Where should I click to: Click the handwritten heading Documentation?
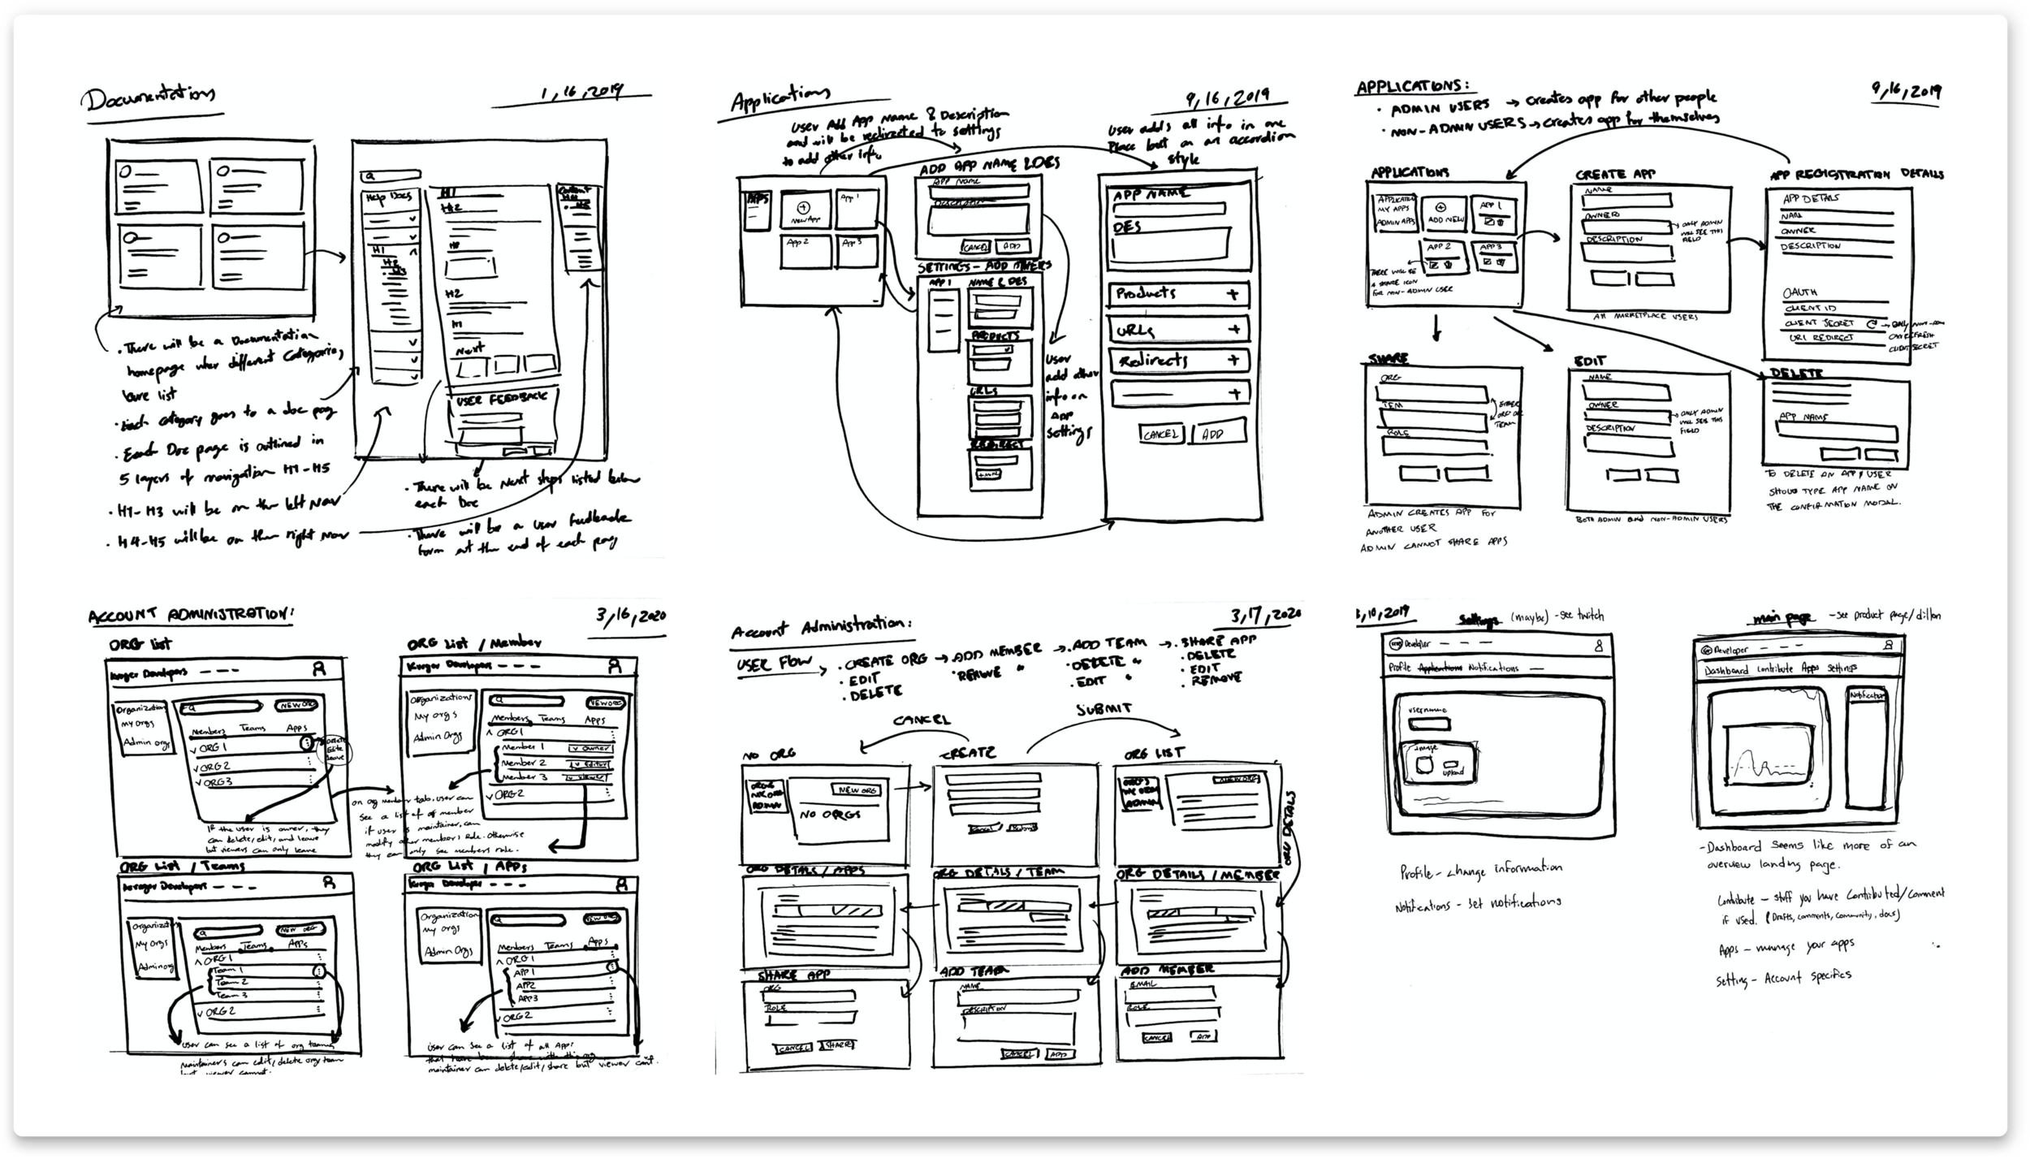[148, 98]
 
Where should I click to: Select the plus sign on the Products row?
[1233, 295]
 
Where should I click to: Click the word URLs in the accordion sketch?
[1135, 331]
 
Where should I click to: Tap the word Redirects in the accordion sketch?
[1153, 361]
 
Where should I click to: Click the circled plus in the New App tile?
[805, 205]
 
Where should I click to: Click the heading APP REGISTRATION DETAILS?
[1856, 175]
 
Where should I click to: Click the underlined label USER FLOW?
[774, 664]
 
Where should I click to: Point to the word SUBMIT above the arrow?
[1104, 709]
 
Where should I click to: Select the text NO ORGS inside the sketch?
[830, 815]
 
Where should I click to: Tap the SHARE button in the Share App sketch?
[836, 1045]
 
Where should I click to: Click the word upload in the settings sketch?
[1453, 772]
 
